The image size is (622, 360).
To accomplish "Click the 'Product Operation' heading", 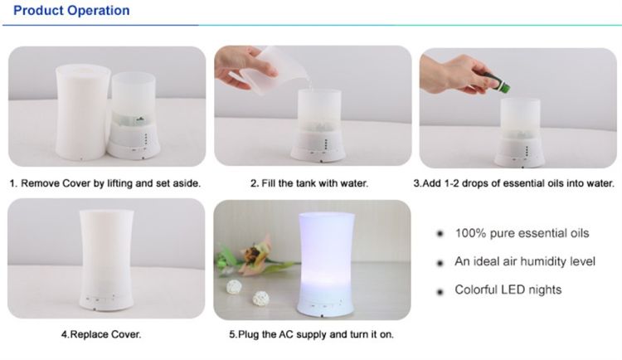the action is click(x=71, y=10).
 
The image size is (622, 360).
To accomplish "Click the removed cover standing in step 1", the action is click(x=83, y=112).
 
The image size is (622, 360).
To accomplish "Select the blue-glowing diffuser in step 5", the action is click(x=326, y=265).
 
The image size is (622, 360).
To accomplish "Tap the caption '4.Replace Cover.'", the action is click(x=101, y=334).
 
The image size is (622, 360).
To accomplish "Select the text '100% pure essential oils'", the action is click(x=522, y=233).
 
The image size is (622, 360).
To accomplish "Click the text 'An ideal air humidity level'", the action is click(x=525, y=261).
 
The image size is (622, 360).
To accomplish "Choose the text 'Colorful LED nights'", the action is click(x=508, y=289).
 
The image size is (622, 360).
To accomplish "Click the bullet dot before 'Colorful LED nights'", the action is click(x=440, y=293).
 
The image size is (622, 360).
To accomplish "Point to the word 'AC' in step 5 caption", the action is click(x=285, y=334).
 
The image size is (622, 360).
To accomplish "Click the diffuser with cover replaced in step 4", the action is click(x=107, y=260).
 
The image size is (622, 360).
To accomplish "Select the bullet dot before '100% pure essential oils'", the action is click(x=440, y=234).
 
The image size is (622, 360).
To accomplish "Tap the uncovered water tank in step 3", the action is click(x=520, y=132).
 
